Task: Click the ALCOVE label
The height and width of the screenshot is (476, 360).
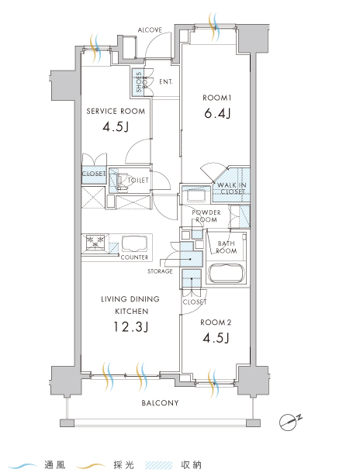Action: (150, 29)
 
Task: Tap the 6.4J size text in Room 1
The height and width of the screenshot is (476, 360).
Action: (217, 113)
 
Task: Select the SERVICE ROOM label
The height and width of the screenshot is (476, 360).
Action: (116, 112)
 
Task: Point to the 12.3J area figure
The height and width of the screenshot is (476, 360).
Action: (130, 327)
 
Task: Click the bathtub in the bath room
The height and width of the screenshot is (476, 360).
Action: (226, 274)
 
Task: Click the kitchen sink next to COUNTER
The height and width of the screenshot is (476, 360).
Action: (134, 243)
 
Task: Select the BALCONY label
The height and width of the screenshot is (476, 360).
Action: (160, 403)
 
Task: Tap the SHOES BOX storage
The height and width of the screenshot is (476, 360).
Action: (139, 81)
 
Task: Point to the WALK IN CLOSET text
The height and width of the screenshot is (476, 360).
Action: (233, 188)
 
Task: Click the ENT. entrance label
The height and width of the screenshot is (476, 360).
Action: (166, 81)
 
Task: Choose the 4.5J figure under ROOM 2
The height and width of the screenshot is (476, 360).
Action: (216, 338)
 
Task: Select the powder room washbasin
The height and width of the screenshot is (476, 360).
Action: (196, 195)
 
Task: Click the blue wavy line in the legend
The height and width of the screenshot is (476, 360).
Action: (22, 466)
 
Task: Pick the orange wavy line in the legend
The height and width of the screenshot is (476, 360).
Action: (91, 466)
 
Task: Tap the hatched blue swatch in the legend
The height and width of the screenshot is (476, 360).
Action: (158, 465)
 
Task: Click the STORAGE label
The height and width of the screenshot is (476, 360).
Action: (160, 271)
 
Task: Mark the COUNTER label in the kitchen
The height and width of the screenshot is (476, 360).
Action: (134, 257)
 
